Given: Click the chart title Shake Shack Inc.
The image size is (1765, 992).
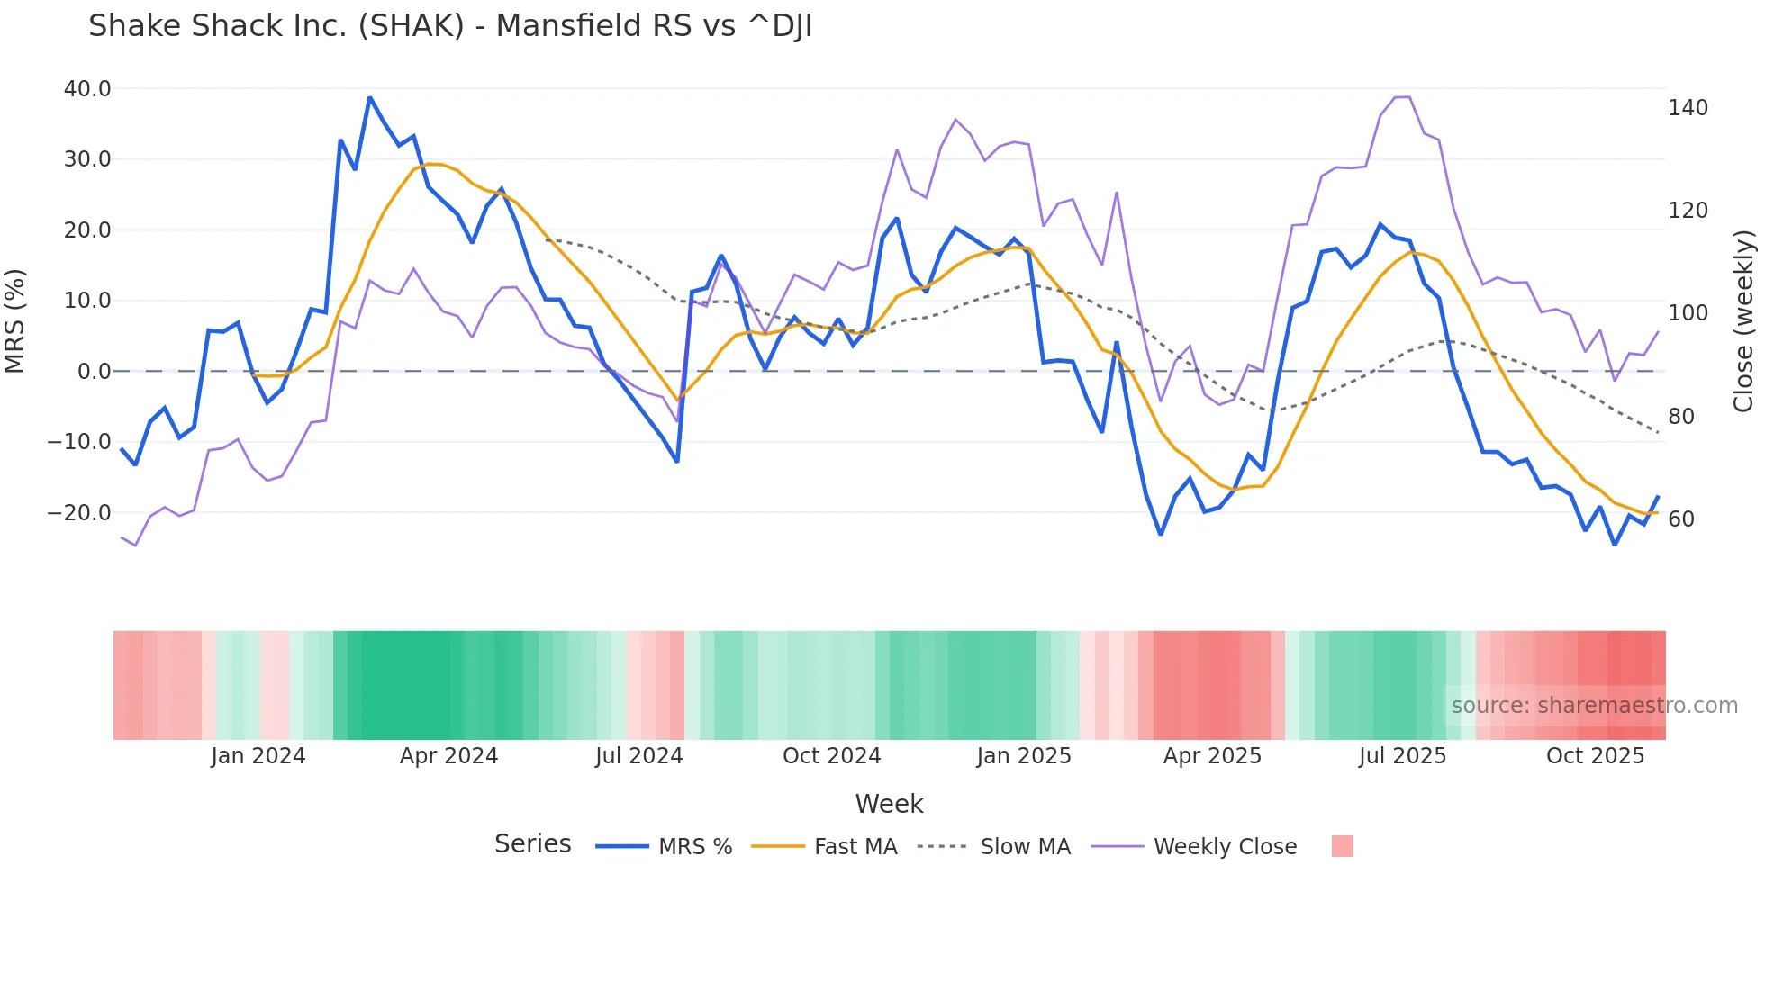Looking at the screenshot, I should pyautogui.click(x=450, y=26).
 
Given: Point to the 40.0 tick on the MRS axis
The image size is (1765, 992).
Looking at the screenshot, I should pyautogui.click(x=87, y=89).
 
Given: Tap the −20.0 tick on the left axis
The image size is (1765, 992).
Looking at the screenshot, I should pyautogui.click(x=80, y=513).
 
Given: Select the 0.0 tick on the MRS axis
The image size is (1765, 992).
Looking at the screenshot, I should pyautogui.click(x=94, y=372).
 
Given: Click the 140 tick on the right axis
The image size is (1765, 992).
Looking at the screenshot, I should pyautogui.click(x=1688, y=108).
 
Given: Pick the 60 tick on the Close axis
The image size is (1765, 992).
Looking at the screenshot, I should pyautogui.click(x=1680, y=519).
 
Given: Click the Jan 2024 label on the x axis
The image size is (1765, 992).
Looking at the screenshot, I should pyautogui.click(x=258, y=756).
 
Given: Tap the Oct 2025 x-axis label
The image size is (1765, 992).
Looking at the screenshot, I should pyautogui.click(x=1595, y=756).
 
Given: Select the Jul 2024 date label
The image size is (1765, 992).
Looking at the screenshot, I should pyautogui.click(x=638, y=756).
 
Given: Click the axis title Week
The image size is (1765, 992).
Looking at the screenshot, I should pyautogui.click(x=889, y=804).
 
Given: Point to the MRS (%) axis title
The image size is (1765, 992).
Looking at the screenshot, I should pyautogui.click(x=15, y=320).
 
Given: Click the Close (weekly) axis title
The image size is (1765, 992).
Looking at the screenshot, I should pyautogui.click(x=1743, y=320).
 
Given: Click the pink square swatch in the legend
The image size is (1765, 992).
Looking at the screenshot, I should pyautogui.click(x=1342, y=847).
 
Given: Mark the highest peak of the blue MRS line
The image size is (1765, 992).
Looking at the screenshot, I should pyautogui.click(x=369, y=97).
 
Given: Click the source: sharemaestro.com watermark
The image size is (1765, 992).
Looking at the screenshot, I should pyautogui.click(x=1594, y=706).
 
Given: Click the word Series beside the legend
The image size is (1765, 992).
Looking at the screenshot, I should pyautogui.click(x=532, y=844).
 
